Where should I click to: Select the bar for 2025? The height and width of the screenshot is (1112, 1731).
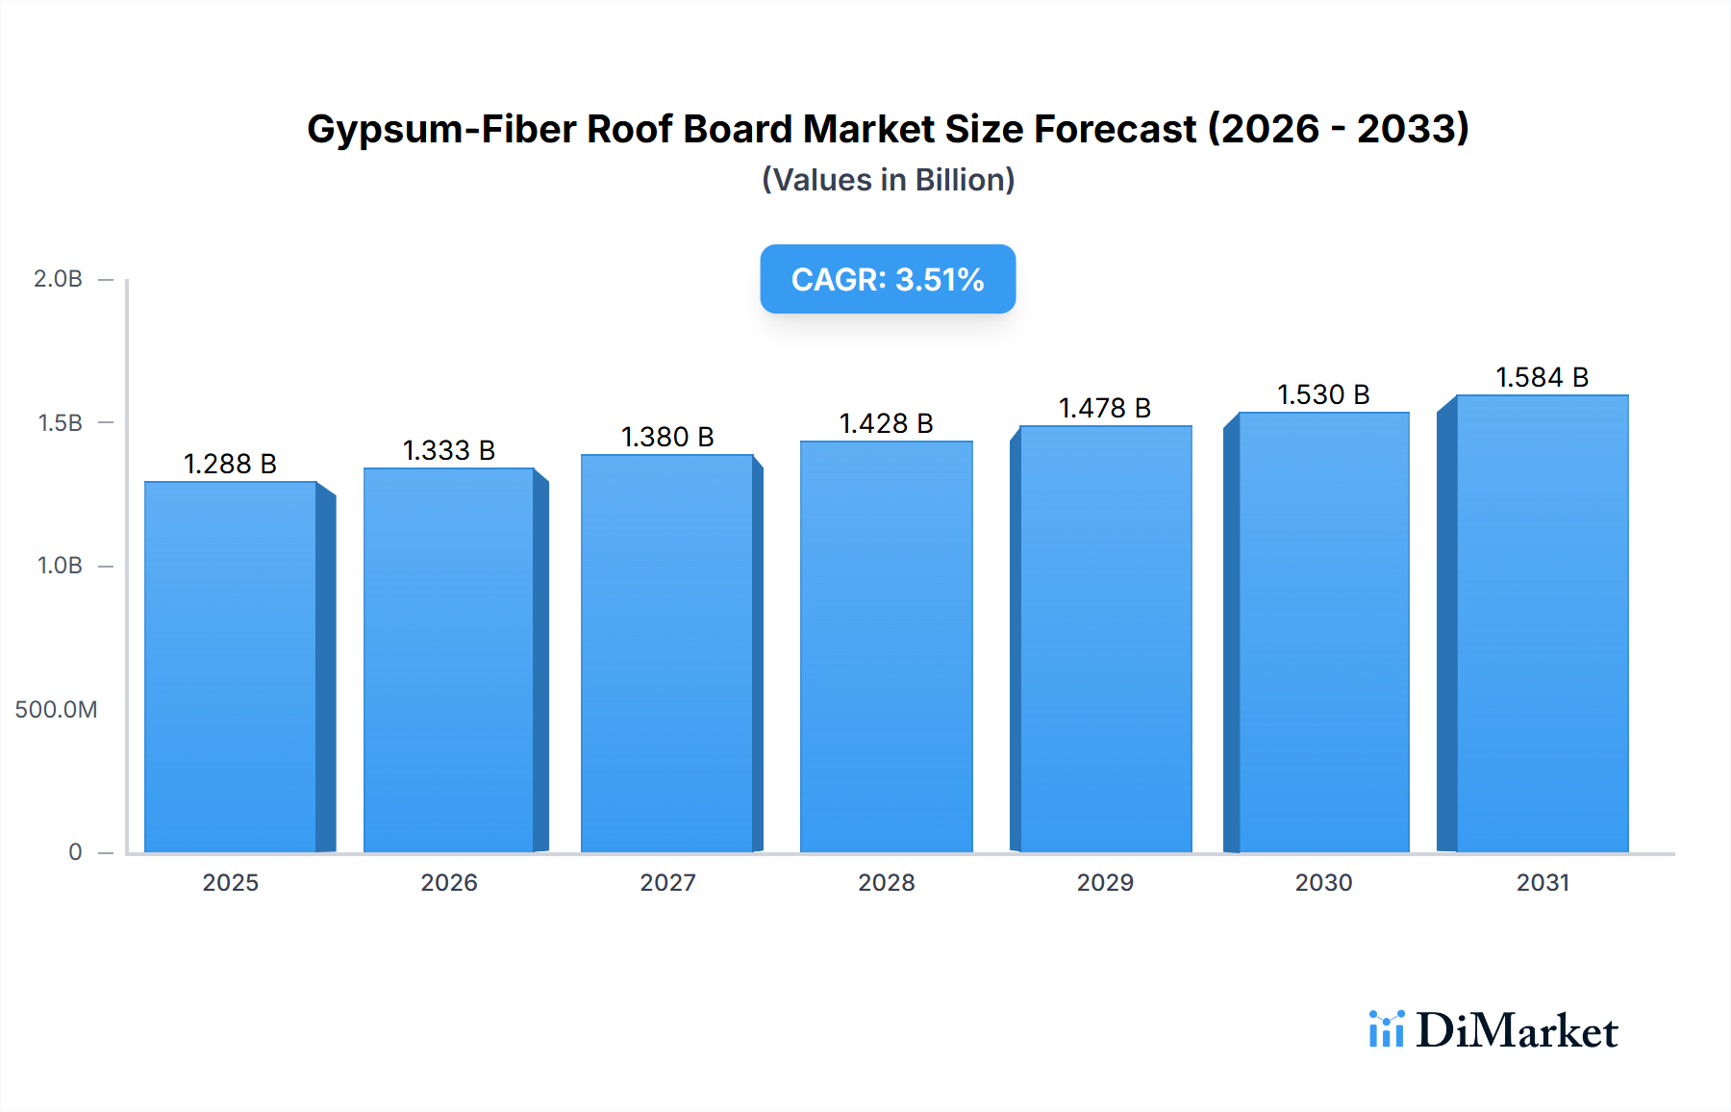(231, 666)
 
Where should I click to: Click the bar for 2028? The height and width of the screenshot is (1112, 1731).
(886, 646)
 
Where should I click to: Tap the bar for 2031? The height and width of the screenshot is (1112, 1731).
(1542, 623)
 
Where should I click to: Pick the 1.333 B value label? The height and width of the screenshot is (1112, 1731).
(448, 450)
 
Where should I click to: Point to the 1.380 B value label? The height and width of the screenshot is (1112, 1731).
(667, 437)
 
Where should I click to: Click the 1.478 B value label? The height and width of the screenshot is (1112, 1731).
(1105, 408)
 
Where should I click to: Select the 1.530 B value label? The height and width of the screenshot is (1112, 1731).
(1323, 394)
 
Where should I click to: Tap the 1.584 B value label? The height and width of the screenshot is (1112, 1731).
(1542, 377)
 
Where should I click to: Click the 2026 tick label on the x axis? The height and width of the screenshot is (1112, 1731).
(449, 882)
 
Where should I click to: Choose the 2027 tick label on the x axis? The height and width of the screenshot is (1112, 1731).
(667, 882)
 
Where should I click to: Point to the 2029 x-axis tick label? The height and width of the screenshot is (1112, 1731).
(1105, 882)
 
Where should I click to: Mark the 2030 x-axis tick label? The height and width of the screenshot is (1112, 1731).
(1323, 882)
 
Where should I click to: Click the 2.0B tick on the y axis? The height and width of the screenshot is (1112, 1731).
(58, 279)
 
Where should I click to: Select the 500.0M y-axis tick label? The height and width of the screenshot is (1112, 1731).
(56, 710)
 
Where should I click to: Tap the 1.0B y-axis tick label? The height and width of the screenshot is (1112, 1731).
(60, 566)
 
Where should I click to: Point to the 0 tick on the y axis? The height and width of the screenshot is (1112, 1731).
(75, 852)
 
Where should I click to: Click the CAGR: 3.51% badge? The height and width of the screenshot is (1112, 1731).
(888, 279)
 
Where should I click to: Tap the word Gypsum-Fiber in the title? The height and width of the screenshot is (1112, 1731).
(440, 129)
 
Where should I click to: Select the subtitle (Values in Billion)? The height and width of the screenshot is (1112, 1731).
(888, 180)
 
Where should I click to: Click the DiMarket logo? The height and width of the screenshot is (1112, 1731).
(1493, 1030)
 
